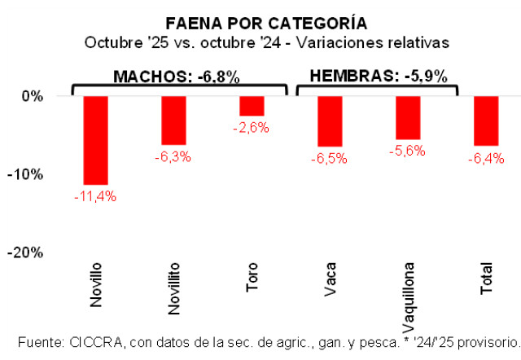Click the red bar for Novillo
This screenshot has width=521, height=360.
tap(96, 140)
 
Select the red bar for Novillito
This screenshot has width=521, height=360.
tap(174, 120)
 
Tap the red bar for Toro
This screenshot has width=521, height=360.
tap(252, 106)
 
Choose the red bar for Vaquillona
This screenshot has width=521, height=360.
tap(408, 117)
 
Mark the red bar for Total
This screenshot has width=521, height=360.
tap(486, 121)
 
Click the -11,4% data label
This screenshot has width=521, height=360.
tap(96, 195)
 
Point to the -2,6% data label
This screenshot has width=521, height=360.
tap(252, 127)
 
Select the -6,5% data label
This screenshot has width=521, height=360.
tap(330, 158)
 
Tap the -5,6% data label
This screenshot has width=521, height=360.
tap(408, 151)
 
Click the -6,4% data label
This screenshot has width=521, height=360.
tap(486, 158)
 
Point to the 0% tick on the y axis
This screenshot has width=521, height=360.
tap(32, 96)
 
